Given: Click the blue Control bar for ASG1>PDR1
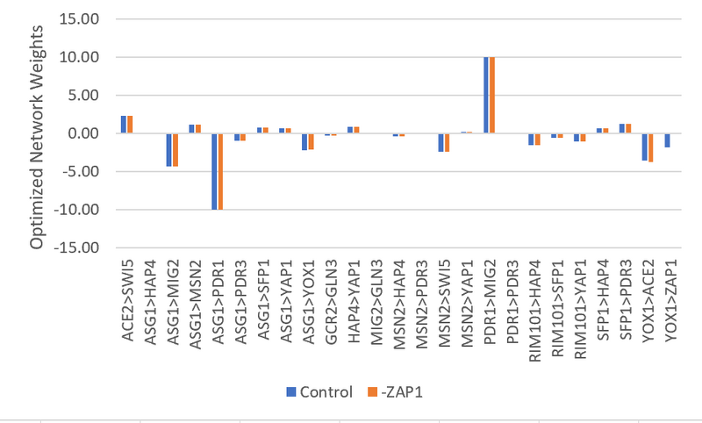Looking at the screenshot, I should [x=214, y=171].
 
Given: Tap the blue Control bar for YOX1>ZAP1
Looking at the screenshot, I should [x=667, y=140].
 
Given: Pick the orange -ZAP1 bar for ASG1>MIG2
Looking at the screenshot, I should [x=175, y=149].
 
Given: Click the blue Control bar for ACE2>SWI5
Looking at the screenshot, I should [x=124, y=125].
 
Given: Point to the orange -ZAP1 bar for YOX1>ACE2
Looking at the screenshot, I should [x=651, y=147].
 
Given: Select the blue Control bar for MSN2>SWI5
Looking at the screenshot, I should [x=441, y=142].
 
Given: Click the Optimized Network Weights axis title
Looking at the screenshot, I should [x=36, y=133].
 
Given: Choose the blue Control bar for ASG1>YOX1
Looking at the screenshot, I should [x=304, y=142].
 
